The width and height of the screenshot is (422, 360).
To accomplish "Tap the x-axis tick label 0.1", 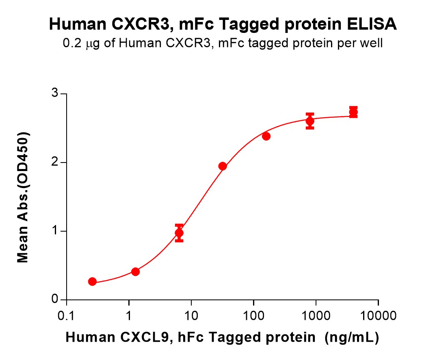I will [66, 315].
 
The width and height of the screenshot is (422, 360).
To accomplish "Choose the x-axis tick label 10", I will [191, 315].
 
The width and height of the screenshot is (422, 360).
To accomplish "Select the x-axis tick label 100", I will [253, 315].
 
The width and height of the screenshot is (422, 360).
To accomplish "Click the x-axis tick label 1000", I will [316, 315].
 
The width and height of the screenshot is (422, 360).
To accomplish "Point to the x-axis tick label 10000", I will [378, 315].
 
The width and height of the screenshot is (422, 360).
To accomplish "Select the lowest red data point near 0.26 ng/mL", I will [92, 282].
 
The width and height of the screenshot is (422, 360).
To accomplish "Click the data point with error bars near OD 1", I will [179, 233].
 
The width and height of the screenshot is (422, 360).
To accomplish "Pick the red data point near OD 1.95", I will [223, 166].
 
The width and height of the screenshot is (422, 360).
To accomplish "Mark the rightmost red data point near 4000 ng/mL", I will [353, 112].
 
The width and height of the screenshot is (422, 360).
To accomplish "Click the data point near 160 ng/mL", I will [266, 136].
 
